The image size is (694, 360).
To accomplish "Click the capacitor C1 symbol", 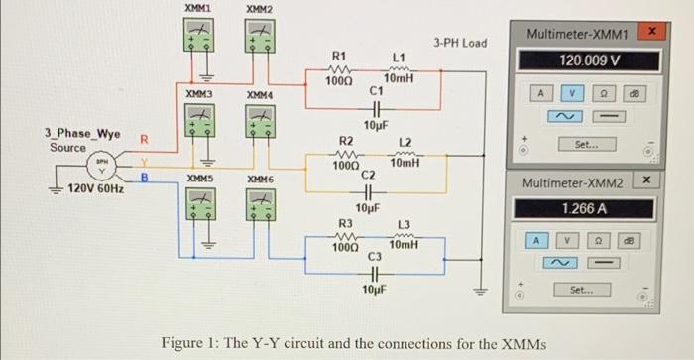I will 374,111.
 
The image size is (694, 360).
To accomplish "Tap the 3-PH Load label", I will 460,43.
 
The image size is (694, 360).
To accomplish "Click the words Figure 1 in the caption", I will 194,343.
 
